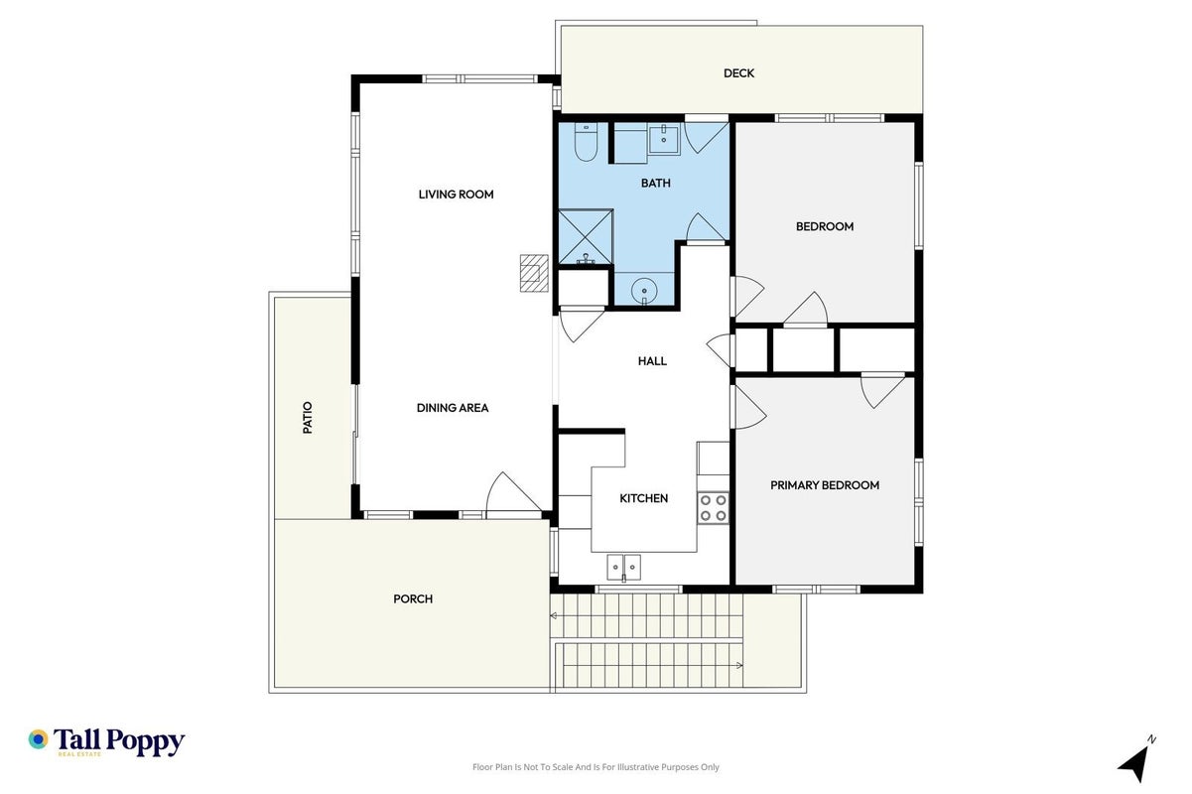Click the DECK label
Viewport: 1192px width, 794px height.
738,73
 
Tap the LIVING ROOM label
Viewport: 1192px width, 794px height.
456,195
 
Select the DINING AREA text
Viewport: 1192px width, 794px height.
453,408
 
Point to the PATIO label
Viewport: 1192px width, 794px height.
308,418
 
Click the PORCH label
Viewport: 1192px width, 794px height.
413,599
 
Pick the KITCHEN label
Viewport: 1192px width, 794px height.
643,498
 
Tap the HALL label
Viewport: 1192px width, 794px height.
652,361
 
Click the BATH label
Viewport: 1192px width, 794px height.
656,184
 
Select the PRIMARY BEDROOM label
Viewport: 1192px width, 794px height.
825,485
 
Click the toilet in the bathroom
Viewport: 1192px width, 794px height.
586,142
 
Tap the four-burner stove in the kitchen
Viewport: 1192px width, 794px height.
713,508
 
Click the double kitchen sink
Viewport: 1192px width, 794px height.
623,568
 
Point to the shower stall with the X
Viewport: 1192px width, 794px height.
586,237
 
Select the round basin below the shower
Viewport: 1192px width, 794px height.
644,291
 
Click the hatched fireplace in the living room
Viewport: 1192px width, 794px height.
534,274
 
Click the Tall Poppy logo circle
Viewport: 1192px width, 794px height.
39,739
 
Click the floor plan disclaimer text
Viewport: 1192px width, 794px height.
596,767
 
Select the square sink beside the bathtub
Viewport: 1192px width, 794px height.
664,139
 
